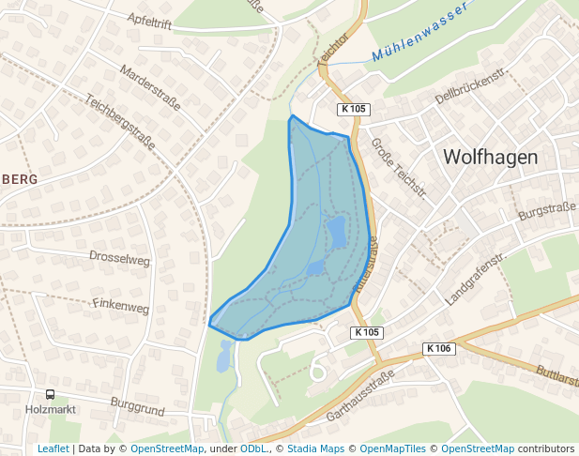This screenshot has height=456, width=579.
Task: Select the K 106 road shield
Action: click(x=438, y=348)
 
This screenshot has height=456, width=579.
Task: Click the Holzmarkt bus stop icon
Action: click(x=51, y=395)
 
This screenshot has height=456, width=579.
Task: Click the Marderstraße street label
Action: click(x=150, y=87)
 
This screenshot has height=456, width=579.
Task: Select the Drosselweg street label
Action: click(x=119, y=257)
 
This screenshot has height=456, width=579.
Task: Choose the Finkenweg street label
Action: click(x=121, y=306)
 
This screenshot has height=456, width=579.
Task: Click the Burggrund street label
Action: click(x=137, y=406)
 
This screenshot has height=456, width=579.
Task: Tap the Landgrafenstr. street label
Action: click(x=476, y=279)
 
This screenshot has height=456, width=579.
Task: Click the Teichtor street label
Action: click(x=332, y=48)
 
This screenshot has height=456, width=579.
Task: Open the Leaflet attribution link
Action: click(x=53, y=448)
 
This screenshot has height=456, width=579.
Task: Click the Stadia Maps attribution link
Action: click(x=315, y=448)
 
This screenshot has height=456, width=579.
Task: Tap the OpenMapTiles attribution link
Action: click(x=393, y=448)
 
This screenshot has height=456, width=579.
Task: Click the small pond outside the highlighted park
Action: click(x=224, y=356)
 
